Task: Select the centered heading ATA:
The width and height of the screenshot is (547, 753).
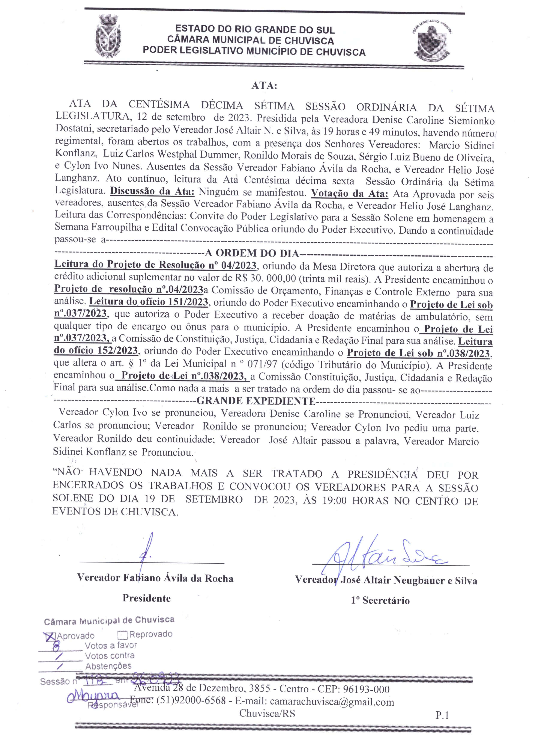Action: tap(264, 86)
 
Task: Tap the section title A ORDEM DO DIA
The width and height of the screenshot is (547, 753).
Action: tap(252, 254)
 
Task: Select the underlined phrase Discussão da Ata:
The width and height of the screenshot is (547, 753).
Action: tap(152, 192)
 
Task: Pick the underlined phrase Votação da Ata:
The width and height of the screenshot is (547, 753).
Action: tap(349, 194)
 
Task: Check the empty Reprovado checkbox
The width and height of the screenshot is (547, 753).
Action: tap(122, 635)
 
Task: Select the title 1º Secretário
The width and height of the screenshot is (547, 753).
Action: tap(380, 600)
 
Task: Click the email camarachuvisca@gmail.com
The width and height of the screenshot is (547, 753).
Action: tap(332, 702)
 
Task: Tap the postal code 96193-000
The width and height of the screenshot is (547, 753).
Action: tap(366, 689)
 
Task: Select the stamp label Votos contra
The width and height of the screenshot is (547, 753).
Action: tap(110, 656)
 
